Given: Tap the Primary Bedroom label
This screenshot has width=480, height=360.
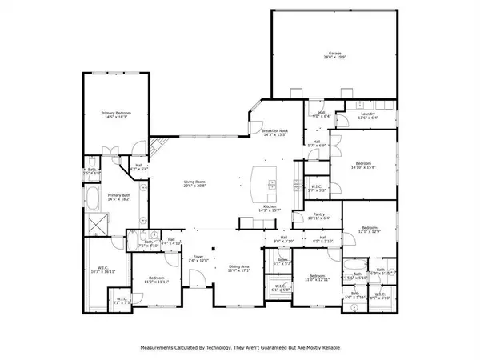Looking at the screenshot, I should coord(116,115).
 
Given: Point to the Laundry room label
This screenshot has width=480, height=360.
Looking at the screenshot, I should coord(368,115).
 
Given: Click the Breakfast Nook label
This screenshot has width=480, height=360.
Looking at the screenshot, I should coord(274,133).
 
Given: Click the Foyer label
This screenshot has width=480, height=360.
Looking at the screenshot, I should coord(197,258).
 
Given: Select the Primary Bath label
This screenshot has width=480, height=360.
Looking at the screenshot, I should coord(120,197).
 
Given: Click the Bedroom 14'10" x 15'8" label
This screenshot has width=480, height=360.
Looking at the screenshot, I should coord(362,165).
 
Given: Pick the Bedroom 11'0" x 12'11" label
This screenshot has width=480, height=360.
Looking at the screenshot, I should coord(316,278).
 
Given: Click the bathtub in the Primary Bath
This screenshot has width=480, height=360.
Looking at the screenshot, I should coord(95,198).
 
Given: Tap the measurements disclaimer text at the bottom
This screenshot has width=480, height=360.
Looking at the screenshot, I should coord(239,348).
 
